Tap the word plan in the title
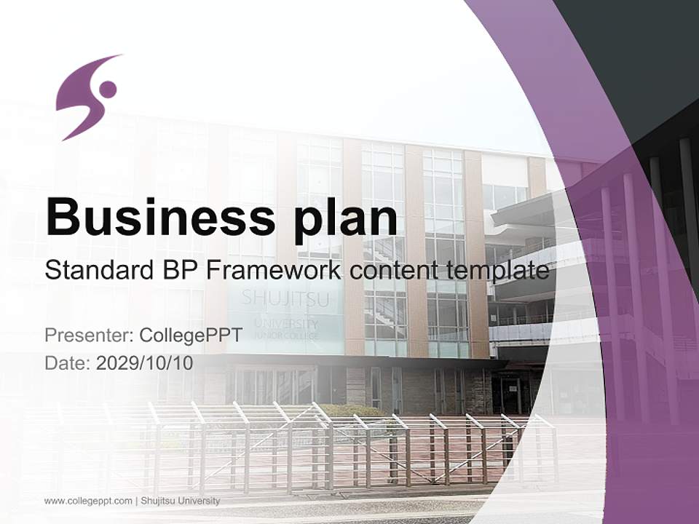click(341, 218)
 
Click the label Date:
click(68, 362)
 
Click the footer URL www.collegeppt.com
click(88, 501)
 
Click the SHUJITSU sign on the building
click(285, 298)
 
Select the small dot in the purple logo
click(108, 90)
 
